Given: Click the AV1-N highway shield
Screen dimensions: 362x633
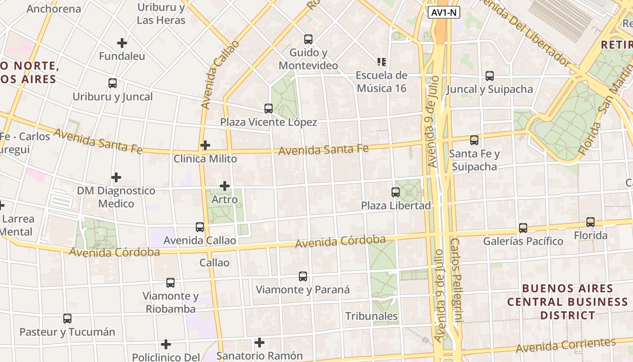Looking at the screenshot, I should click(x=444, y=13).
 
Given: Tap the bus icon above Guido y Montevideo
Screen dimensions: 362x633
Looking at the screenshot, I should click(x=308, y=39).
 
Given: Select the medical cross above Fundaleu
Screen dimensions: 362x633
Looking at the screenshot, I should click(x=122, y=43).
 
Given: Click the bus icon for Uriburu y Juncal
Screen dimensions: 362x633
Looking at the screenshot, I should click(x=113, y=83).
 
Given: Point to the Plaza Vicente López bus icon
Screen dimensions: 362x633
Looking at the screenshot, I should click(x=269, y=109).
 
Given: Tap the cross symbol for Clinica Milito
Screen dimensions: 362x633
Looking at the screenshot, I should click(x=205, y=145).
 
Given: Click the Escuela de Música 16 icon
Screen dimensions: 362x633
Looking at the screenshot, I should click(x=381, y=62).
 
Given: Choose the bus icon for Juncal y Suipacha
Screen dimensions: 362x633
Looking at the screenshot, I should click(x=490, y=76).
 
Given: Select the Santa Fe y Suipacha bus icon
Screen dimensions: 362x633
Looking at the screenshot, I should click(x=474, y=140).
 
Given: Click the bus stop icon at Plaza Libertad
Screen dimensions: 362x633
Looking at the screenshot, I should click(x=396, y=192).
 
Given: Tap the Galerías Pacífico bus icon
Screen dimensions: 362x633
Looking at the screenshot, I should click(x=523, y=228).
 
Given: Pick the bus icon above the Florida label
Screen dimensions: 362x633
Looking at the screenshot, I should click(x=590, y=222).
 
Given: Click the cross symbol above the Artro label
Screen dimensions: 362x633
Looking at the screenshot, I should click(x=225, y=186).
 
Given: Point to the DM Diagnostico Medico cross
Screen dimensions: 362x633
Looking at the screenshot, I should click(x=116, y=177).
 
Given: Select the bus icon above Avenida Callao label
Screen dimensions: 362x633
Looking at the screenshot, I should click(x=200, y=227).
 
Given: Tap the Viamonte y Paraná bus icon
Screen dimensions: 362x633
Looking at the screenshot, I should click(x=303, y=276).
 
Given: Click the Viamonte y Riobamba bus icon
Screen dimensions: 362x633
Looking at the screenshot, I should click(x=170, y=283).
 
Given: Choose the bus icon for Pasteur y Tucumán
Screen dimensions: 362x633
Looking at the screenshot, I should click(x=67, y=319).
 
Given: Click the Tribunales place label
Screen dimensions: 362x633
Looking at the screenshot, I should click(x=372, y=316).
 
